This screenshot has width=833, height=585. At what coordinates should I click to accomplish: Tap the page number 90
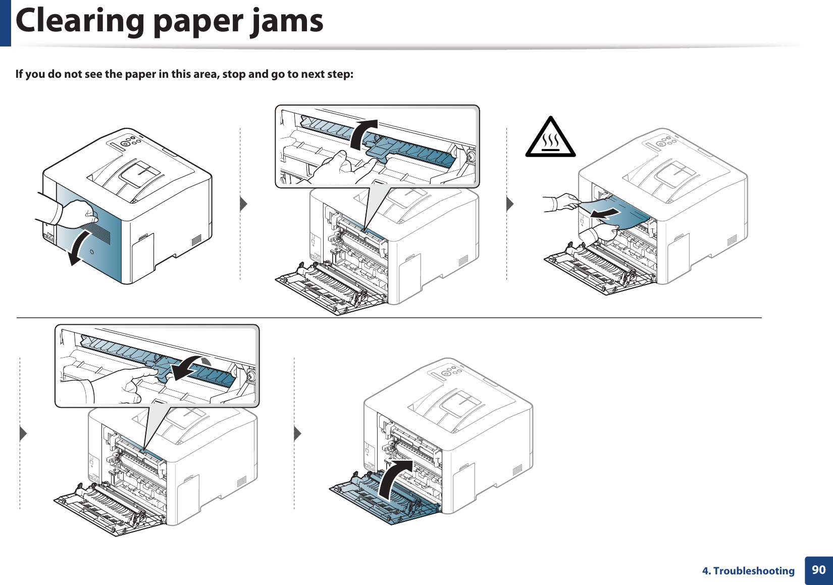click(818, 570)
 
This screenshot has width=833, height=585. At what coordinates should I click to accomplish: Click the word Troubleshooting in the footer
click(754, 571)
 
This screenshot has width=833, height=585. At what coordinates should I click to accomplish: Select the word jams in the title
click(288, 21)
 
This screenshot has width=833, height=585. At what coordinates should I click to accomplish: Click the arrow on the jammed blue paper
click(605, 214)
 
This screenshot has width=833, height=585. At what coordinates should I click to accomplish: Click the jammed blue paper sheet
click(626, 212)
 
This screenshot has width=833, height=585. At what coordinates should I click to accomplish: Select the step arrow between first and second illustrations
click(243, 204)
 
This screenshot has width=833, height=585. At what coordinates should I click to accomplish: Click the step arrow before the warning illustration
click(509, 204)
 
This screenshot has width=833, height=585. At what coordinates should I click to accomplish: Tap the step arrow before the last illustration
click(297, 433)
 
